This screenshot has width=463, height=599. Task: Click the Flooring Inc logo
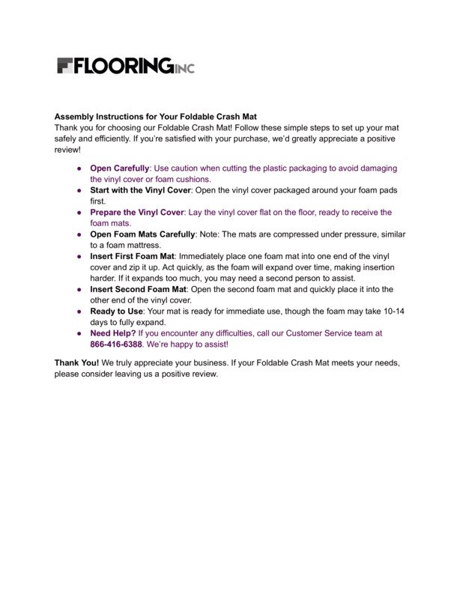125,66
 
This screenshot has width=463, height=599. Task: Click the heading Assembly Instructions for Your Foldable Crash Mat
155,118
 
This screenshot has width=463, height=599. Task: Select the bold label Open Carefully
119,168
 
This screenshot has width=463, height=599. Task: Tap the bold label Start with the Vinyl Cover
140,190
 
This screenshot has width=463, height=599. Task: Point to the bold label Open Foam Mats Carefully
142,234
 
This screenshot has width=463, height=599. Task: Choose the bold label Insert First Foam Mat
132,256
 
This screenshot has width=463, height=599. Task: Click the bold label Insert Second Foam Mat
139,289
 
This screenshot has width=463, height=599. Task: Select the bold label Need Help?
112,333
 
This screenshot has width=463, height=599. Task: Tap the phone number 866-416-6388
116,344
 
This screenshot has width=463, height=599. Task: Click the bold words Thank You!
76,362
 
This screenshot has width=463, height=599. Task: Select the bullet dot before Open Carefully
79,169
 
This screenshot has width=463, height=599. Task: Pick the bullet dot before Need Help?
79,333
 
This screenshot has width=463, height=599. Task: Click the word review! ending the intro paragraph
67,150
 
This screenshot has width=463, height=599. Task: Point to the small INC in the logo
184,69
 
